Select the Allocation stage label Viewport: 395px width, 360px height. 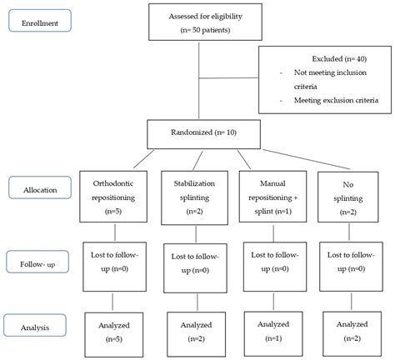(x=38, y=189)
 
